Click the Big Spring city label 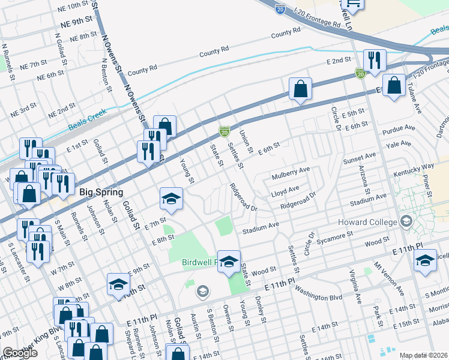[101, 193]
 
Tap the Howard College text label [367, 222]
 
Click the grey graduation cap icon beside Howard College [407, 222]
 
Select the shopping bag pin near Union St [300, 89]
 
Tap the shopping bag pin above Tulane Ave [394, 86]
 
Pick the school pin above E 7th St [171, 200]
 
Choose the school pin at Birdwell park [229, 262]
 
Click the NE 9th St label [79, 25]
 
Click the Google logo [20, 353]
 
